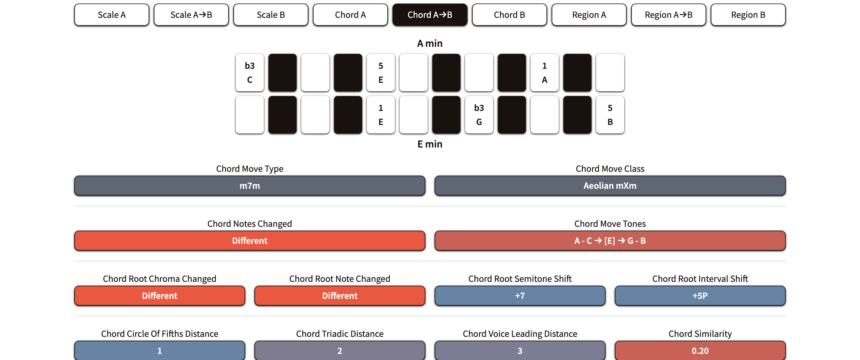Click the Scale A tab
[111, 15]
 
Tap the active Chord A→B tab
[430, 15]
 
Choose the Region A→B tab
[668, 15]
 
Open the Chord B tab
[509, 15]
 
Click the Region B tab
[748, 15]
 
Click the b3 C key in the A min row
[250, 73]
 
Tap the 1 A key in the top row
[544, 73]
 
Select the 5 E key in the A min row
[381, 73]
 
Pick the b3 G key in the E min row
[479, 114]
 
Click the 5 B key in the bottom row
[610, 114]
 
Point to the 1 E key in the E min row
[381, 114]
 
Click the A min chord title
[430, 43]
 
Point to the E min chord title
[430, 144]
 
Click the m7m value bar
[250, 186]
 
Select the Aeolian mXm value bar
[610, 186]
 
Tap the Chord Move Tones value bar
[610, 241]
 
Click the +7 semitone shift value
[520, 296]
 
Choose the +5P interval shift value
[700, 296]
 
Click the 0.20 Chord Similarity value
[700, 350]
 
